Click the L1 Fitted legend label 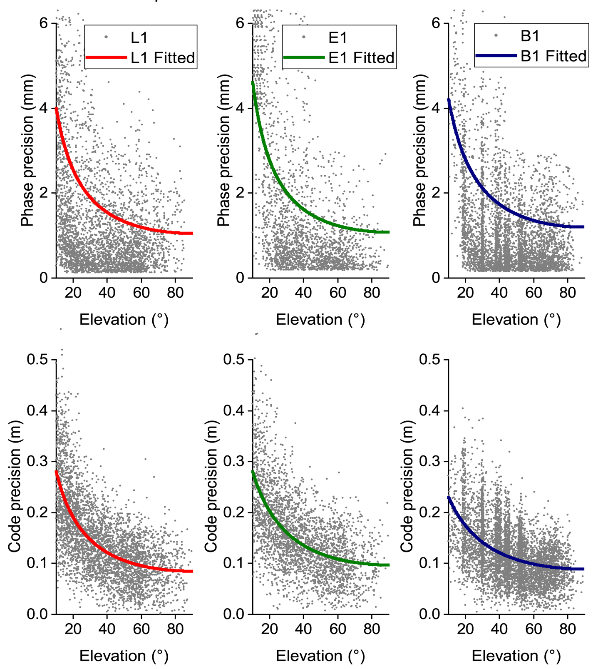point(163,58)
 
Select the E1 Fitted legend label point(361,58)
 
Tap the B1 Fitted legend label point(553,56)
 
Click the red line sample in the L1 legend point(106,57)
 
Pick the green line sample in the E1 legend point(304,57)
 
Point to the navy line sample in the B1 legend point(496,55)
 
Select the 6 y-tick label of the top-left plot point(43,23)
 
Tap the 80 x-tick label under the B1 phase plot point(568,293)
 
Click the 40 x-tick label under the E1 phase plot point(303,293)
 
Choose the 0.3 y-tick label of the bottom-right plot point(430,461)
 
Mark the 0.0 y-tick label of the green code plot point(235,614)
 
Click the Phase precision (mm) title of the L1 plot point(27,151)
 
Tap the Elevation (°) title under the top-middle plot point(320,320)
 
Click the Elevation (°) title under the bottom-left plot point(124,656)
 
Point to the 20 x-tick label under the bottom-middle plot point(270,629)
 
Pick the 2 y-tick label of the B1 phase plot point(436,193)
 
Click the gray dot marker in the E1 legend point(304,37)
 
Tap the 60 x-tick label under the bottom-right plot point(533,629)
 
